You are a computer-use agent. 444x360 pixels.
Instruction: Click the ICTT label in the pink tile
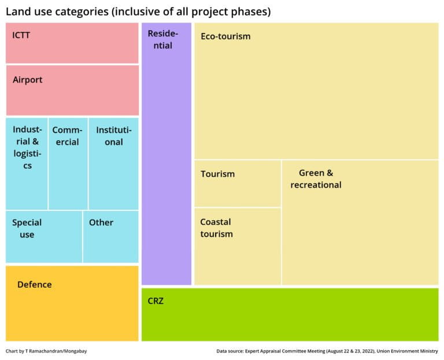(x=21, y=35)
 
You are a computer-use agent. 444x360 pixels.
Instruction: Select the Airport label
(x=28, y=80)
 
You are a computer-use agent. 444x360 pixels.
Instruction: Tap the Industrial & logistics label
(x=27, y=147)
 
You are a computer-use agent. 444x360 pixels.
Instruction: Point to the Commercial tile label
(x=68, y=136)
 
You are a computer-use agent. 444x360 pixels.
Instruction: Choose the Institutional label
(x=114, y=136)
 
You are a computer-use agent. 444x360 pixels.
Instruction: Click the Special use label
(x=27, y=228)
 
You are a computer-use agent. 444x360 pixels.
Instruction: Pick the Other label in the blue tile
(x=101, y=222)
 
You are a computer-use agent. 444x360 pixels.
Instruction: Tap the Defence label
(x=35, y=284)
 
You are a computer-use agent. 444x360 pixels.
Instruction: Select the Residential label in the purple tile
(x=162, y=39)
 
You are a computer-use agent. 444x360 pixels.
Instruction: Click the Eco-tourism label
(x=225, y=36)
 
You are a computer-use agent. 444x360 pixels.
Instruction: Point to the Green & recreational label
(x=316, y=179)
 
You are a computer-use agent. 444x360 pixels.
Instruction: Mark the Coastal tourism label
(x=216, y=228)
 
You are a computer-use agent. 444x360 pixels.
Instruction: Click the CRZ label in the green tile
(x=156, y=300)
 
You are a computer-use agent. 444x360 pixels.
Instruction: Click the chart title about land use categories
(x=138, y=11)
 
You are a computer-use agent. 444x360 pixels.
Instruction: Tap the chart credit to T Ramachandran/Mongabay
(x=47, y=351)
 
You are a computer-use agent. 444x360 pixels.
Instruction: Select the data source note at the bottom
(x=327, y=351)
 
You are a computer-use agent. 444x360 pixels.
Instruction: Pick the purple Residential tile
(x=166, y=173)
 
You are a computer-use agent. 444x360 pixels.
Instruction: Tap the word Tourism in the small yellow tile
(x=217, y=174)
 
